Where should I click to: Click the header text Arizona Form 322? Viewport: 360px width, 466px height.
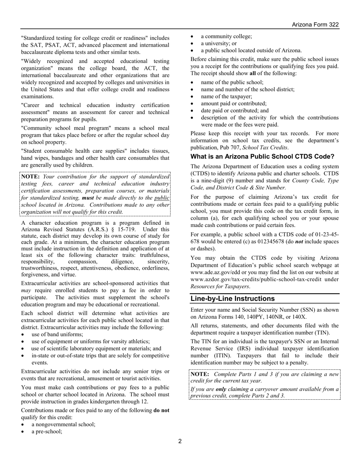tap(315, 25)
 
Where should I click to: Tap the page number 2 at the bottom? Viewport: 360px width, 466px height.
tap(180, 441)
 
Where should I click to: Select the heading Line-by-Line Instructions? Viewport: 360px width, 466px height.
tap(232, 298)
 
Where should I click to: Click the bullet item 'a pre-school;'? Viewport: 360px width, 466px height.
tap(47, 431)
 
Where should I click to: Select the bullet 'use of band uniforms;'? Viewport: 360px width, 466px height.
tap(57, 334)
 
